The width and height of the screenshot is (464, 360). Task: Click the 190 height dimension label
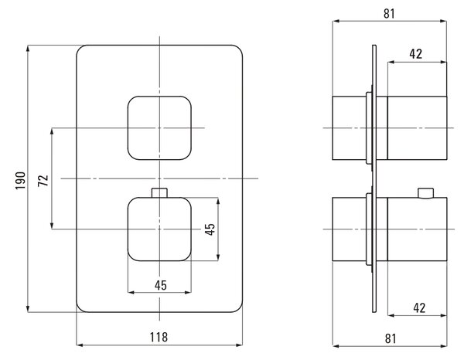21,181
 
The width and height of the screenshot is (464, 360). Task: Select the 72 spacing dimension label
43,181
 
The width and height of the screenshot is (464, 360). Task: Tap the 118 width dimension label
159,337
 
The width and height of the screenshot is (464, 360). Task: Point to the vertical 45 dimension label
210,229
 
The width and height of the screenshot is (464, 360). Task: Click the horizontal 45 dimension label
161,285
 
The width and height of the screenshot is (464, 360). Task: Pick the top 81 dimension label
389,14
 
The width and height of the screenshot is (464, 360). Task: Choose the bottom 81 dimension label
391,338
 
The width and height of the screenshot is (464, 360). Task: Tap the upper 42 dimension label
416,54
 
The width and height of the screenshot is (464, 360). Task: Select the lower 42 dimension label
419,307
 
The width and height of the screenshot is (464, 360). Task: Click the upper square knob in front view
159,128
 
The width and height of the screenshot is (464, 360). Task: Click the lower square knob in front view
159,229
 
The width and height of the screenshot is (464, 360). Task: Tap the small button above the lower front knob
159,192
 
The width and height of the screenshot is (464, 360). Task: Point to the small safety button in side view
425,193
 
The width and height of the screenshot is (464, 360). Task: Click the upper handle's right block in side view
417,128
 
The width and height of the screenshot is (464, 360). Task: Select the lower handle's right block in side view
417,229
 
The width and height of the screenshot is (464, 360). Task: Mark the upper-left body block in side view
350,128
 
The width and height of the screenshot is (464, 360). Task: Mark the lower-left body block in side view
350,229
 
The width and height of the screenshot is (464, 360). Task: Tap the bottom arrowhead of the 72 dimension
52,226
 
